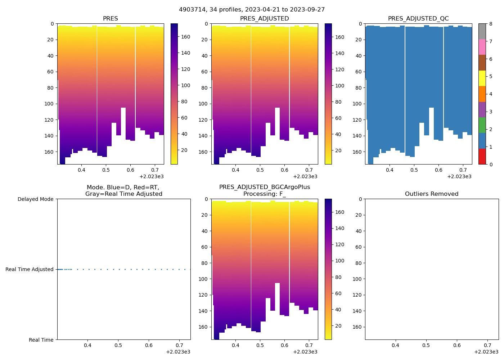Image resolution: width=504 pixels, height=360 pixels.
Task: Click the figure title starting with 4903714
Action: [x=252, y=10]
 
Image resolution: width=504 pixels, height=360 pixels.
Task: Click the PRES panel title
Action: [x=110, y=18]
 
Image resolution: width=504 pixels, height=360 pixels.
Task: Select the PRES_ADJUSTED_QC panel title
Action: [x=418, y=18]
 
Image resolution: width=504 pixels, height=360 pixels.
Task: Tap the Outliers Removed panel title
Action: [x=431, y=194]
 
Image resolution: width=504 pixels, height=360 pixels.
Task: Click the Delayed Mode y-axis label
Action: [x=35, y=199]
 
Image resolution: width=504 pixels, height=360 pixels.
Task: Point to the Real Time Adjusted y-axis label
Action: [x=29, y=269]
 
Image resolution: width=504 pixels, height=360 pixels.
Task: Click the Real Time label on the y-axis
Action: [x=41, y=340]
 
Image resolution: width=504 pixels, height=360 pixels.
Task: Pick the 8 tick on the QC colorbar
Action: [x=491, y=24]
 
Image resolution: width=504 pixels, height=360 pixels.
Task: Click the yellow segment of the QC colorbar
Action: [x=482, y=78]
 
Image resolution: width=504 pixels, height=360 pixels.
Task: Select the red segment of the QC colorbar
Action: [x=482, y=157]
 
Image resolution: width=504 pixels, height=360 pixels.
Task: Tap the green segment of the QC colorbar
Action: [x=482, y=125]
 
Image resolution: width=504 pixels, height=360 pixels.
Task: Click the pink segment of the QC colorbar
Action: [x=482, y=47]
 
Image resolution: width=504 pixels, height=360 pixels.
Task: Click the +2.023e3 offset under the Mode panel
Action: [x=178, y=352]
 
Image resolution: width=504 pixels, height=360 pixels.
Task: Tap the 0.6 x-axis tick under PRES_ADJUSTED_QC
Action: [x=438, y=170]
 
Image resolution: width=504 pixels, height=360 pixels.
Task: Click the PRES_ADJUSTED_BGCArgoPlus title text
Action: [x=264, y=187]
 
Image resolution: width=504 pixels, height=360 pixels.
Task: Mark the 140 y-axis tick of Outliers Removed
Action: [x=357, y=311]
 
